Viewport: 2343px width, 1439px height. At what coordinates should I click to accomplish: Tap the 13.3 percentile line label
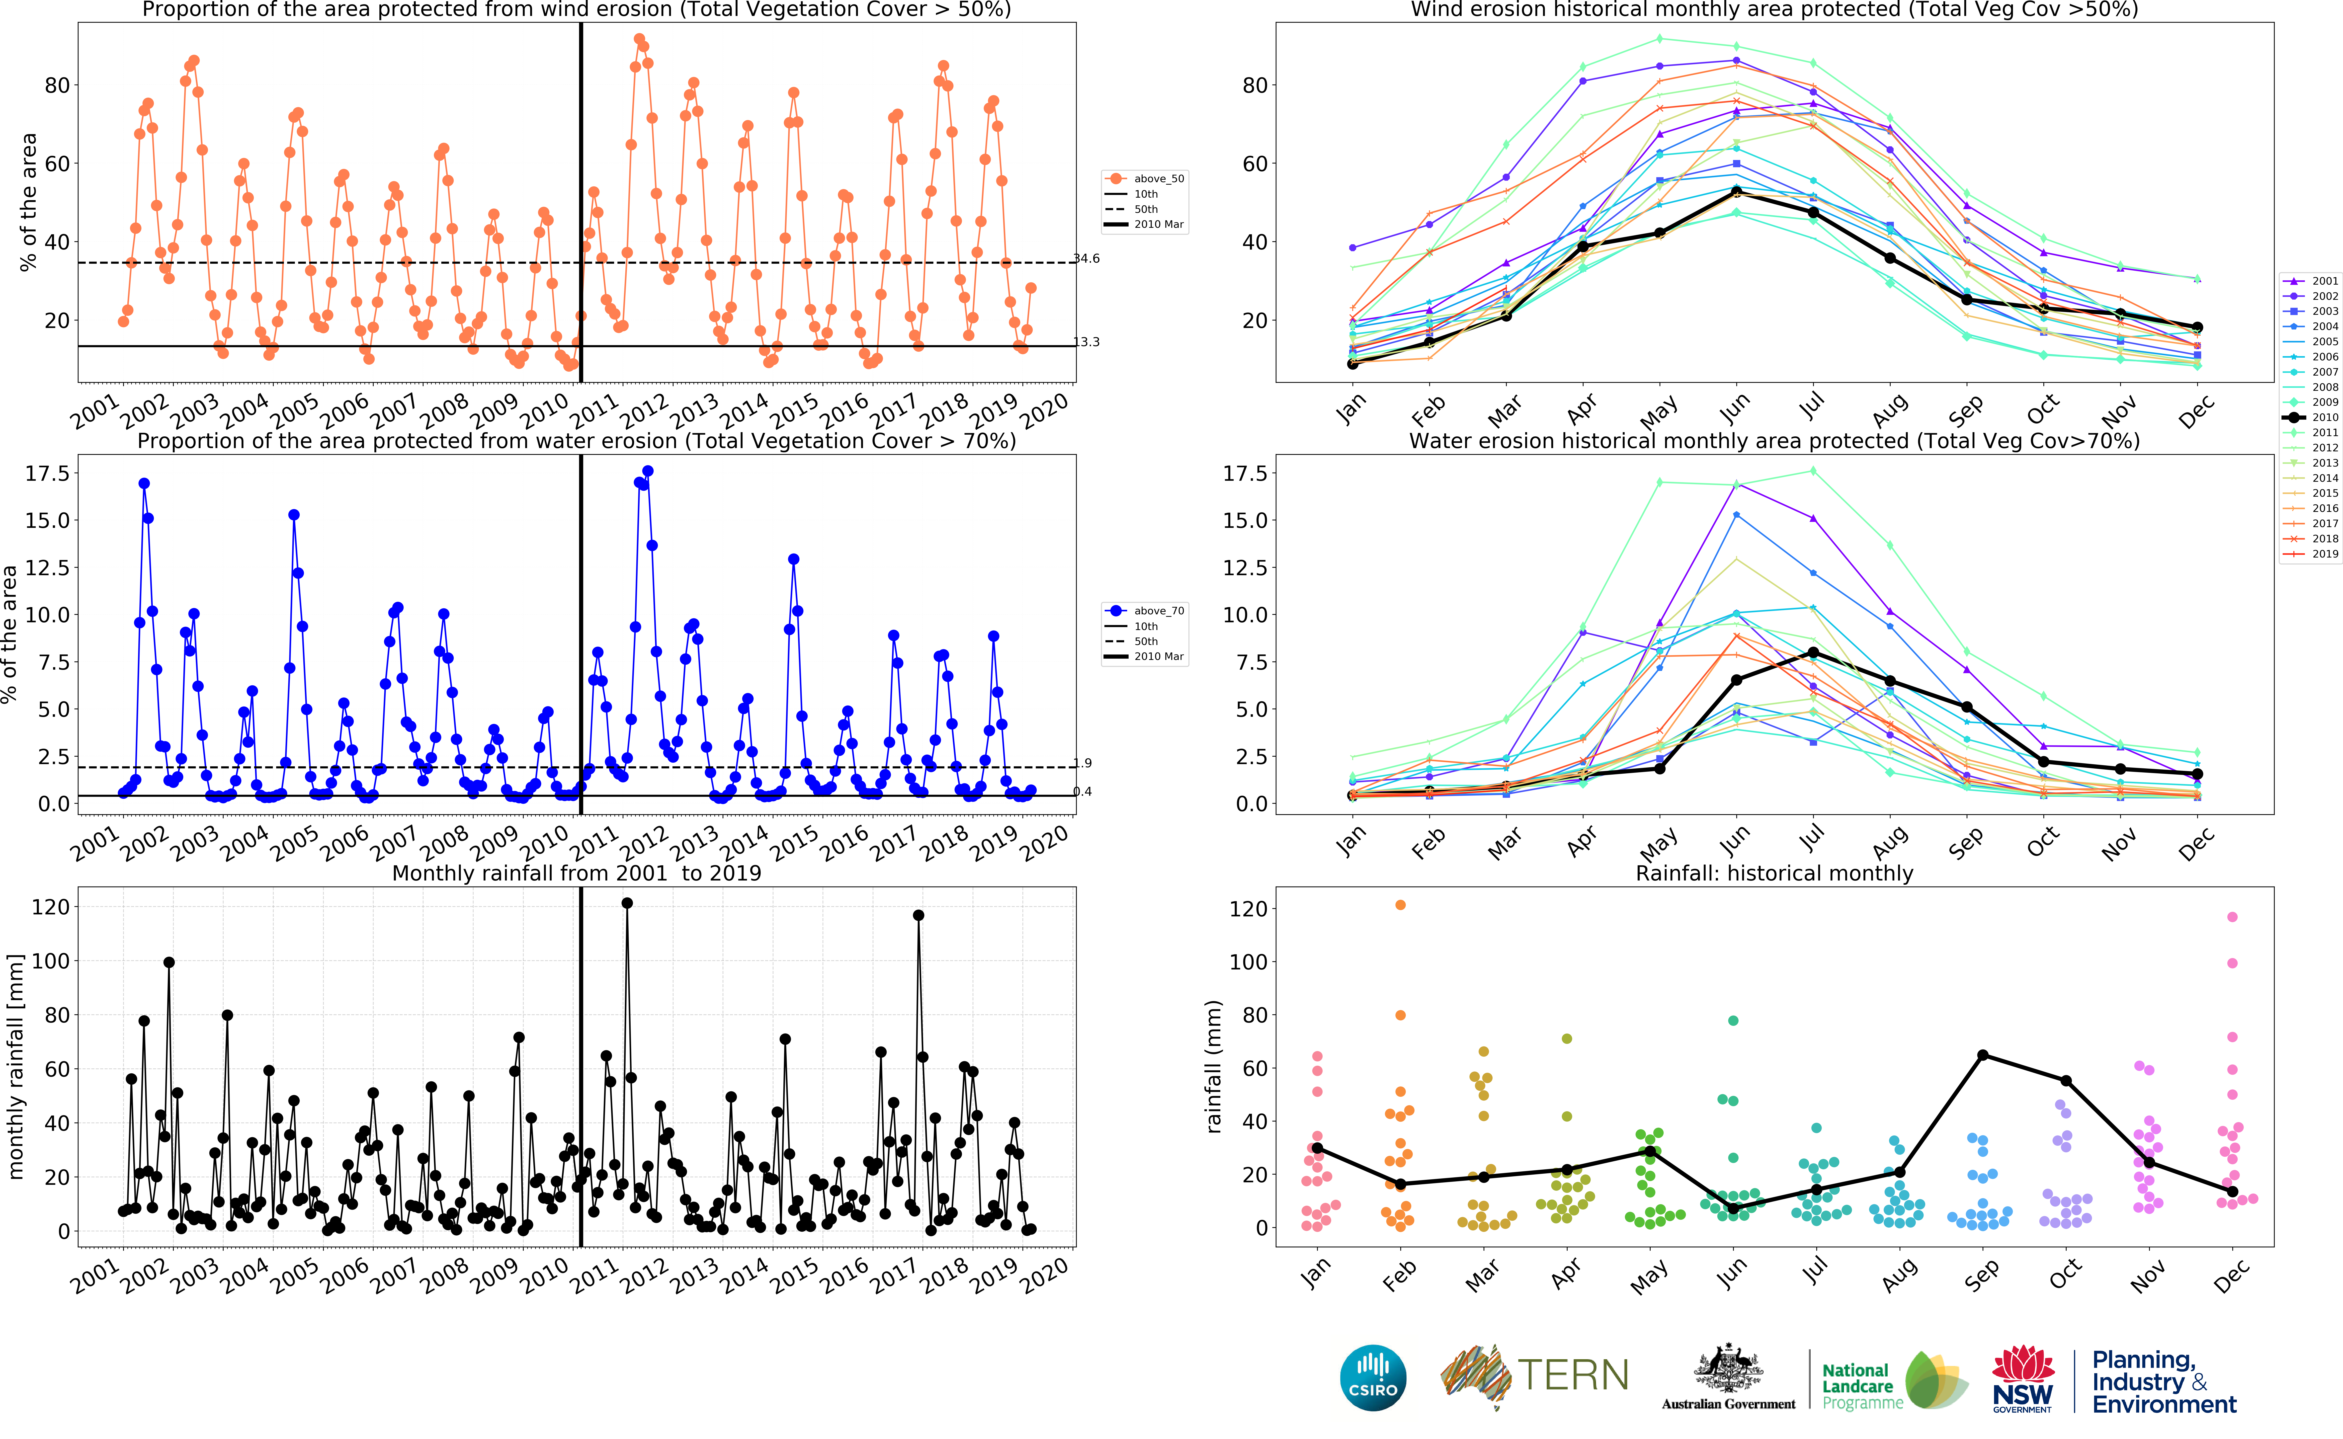click(1087, 342)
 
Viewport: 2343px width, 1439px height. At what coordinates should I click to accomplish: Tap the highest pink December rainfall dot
click(2233, 917)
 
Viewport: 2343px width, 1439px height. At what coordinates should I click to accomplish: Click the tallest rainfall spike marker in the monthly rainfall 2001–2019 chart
click(627, 903)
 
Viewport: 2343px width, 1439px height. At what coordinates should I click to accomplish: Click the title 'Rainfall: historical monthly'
click(1774, 873)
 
